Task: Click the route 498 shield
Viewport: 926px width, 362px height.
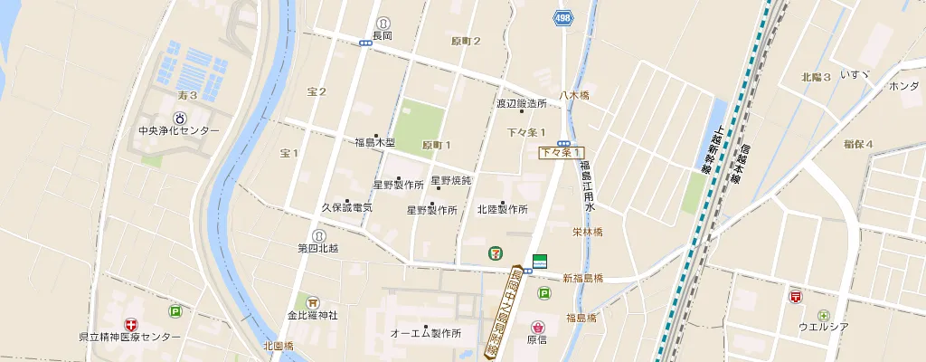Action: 562,18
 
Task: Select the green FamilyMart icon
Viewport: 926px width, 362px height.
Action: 540,261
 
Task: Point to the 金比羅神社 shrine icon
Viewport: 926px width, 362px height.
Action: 313,302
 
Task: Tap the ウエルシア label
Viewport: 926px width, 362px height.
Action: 823,327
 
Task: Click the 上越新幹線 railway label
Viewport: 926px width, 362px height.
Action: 713,148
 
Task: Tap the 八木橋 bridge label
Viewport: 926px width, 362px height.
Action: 573,95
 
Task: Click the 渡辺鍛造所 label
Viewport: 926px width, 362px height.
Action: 521,104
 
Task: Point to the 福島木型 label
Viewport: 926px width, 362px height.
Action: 374,142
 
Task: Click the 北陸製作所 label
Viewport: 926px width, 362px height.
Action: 503,209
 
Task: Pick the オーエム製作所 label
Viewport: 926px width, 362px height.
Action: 425,333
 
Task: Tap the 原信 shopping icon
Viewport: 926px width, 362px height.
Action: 538,326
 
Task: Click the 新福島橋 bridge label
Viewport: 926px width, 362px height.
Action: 582,278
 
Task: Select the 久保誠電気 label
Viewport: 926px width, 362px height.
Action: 347,207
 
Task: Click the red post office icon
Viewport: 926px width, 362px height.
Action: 796,296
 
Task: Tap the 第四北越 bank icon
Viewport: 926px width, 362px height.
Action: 318,235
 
